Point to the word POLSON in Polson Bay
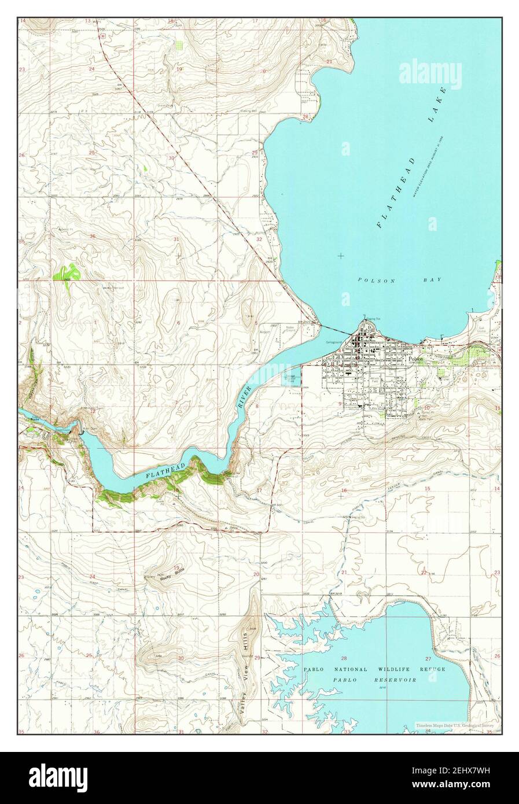coord(369,280)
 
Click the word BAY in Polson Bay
coord(432,280)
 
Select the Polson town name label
coord(416,359)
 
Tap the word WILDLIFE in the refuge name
coord(394,669)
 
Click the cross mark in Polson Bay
coord(341,255)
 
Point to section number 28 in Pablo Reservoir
coord(344,659)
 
